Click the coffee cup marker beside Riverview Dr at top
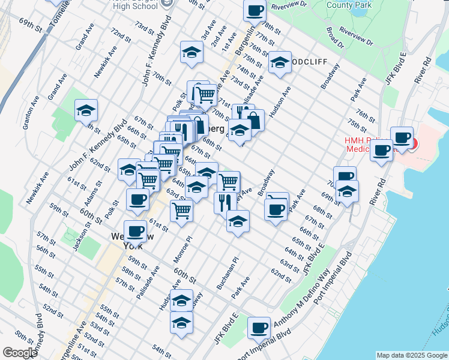pos(255,10)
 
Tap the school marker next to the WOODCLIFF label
pos(280,62)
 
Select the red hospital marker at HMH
pos(414,143)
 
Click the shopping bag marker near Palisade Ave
pos(253,119)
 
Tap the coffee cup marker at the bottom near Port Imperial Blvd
pos(259,328)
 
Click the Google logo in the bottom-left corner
pos(20,353)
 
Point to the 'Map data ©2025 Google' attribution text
pos(411,355)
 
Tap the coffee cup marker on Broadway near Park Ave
pos(276,209)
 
